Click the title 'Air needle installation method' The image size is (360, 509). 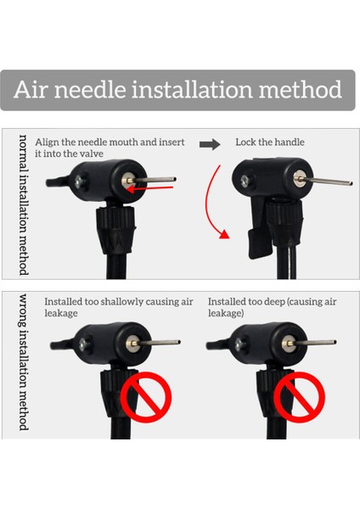coord(177,89)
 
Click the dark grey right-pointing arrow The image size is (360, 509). coord(210,144)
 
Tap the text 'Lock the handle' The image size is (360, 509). coord(270,143)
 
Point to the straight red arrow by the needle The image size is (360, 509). coord(149,188)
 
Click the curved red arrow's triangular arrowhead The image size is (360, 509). coord(224,234)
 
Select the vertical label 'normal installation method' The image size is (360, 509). coord(24,205)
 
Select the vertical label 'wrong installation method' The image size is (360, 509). coord(24,362)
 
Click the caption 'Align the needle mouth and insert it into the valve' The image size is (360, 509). coord(110,148)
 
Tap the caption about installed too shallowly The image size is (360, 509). coord(119,307)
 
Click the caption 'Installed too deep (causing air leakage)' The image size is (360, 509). coord(273,307)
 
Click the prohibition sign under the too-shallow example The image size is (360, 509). coord(146,397)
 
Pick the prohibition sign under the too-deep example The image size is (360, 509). coord(299,397)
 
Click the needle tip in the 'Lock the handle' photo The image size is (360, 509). coord(351,184)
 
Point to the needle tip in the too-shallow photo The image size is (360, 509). coord(178,342)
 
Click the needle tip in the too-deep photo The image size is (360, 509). coord(335,342)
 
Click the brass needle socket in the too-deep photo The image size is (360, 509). coord(289,344)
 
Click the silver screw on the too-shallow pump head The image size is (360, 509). coord(85,344)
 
